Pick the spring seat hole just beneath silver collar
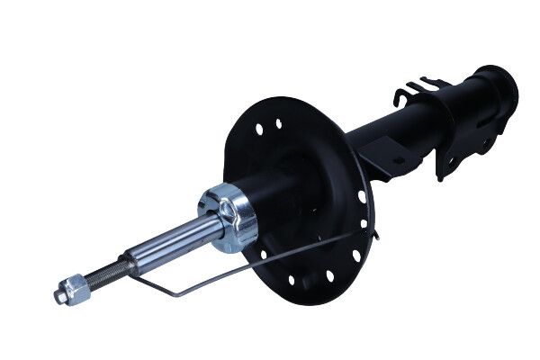tap(264, 255)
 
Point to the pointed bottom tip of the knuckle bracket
tap(440, 178)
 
